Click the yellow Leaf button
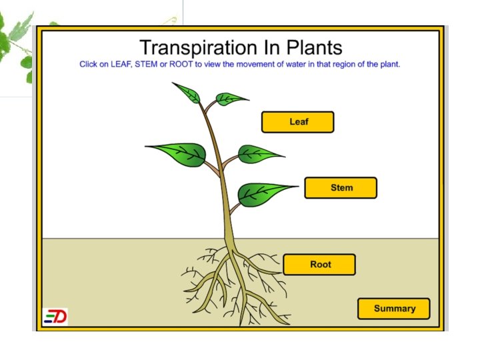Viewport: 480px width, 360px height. click(297, 122)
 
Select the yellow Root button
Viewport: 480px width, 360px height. click(319, 265)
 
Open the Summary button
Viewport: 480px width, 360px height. click(394, 309)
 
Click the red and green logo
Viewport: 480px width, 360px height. click(55, 317)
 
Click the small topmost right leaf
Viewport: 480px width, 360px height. click(231, 99)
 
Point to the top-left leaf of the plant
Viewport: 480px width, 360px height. click(187, 93)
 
